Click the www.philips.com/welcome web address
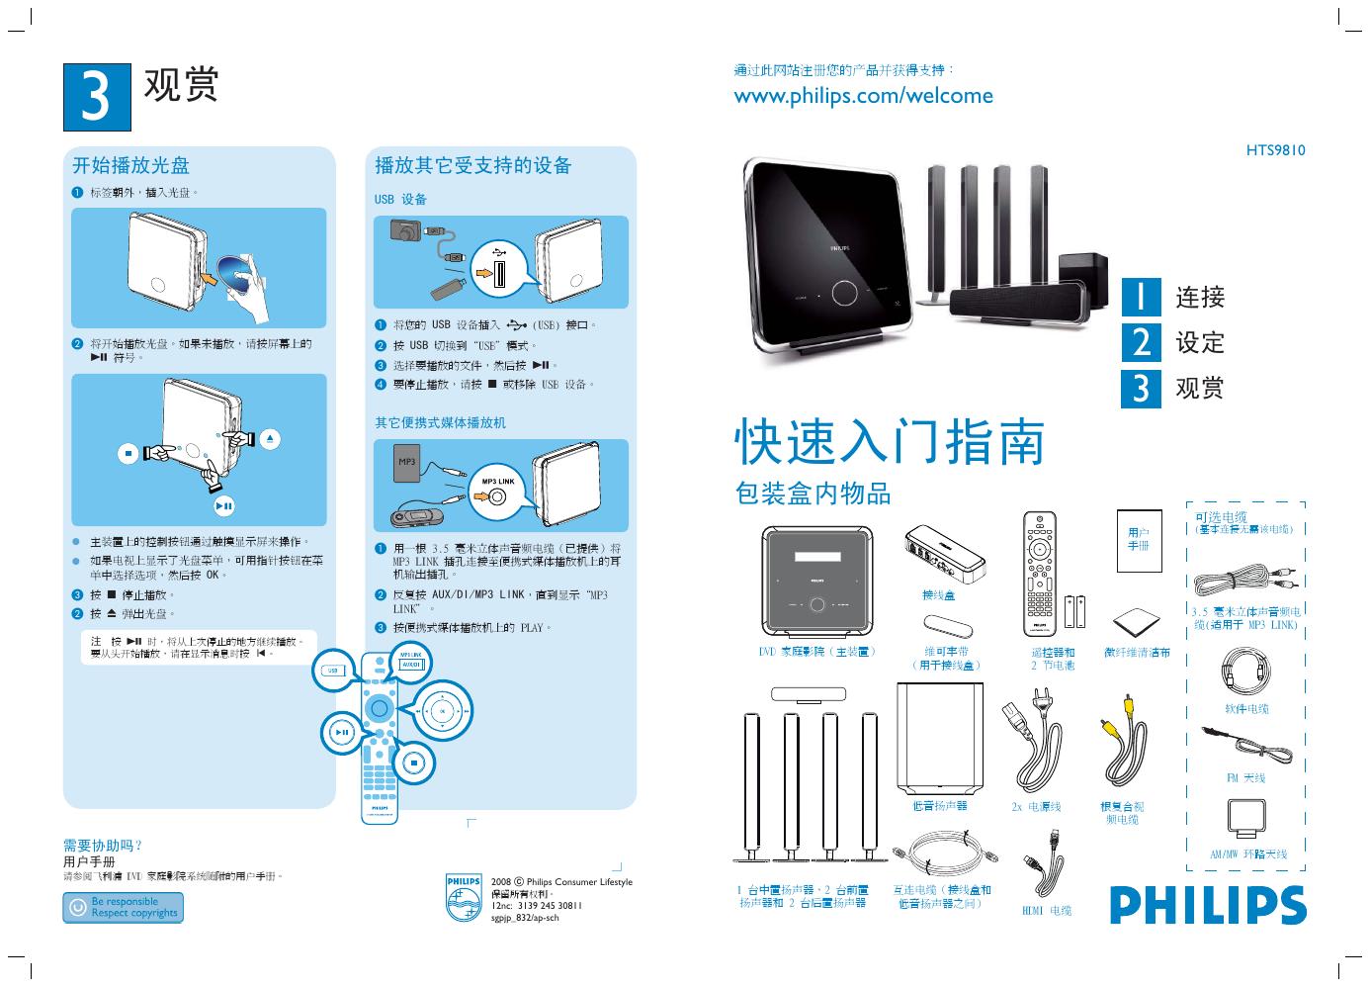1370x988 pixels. [863, 96]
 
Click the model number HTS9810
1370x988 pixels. [1275, 150]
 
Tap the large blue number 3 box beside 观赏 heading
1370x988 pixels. [96, 97]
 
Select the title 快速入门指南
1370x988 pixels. [890, 441]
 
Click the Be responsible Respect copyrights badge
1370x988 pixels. [123, 908]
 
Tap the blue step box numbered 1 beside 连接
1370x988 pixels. [1141, 297]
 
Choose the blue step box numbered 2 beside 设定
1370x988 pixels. [1141, 342]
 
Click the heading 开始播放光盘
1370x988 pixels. [130, 165]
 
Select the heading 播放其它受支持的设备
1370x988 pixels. [473, 165]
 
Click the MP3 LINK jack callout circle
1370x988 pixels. [497, 491]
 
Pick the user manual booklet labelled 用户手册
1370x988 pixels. [1138, 540]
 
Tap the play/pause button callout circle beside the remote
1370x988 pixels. [340, 733]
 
